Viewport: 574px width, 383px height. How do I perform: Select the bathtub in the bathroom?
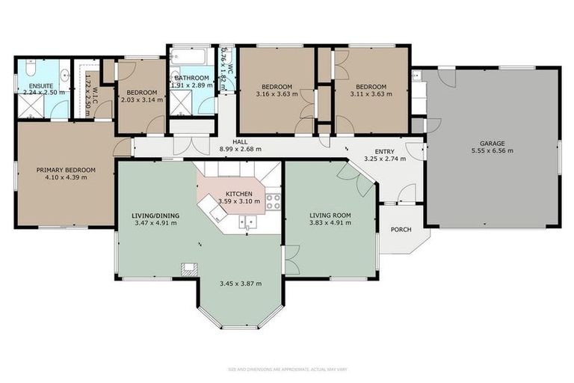(x=188, y=58)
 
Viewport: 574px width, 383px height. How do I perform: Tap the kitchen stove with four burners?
(x=273, y=200)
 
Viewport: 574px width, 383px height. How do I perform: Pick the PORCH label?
(x=401, y=228)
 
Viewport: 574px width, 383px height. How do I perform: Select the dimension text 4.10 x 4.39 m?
(x=67, y=178)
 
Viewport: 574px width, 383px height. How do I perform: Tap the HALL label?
(x=240, y=141)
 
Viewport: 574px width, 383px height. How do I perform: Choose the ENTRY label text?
(x=384, y=151)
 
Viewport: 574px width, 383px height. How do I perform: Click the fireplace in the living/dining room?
(x=191, y=268)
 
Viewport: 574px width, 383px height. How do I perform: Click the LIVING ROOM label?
(x=330, y=215)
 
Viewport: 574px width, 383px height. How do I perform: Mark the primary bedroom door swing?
(x=122, y=147)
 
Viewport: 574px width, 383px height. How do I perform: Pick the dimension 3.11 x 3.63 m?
(x=371, y=94)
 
